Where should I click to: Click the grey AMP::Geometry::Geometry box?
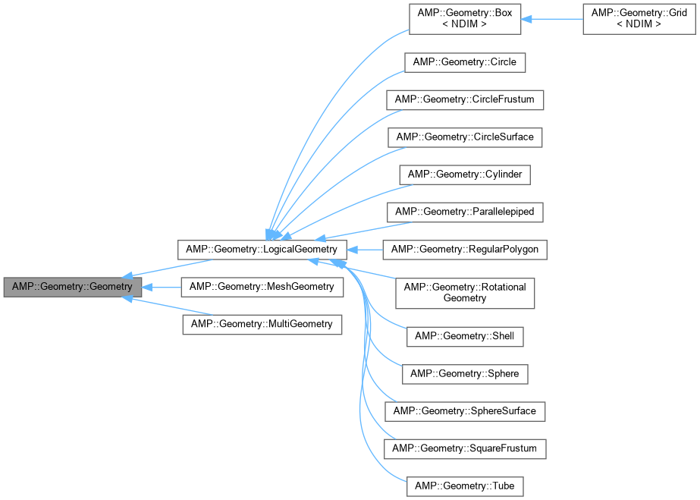(x=72, y=288)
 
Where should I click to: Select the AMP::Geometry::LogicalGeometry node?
(x=262, y=249)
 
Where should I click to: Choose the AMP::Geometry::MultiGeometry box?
(x=262, y=324)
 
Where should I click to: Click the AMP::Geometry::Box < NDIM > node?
(x=465, y=19)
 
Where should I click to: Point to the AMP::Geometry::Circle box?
(x=465, y=61)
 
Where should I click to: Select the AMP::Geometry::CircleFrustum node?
(x=465, y=99)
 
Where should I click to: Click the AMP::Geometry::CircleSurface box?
(x=465, y=137)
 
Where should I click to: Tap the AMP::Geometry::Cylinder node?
(x=465, y=175)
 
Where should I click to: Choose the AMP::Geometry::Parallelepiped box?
(x=465, y=212)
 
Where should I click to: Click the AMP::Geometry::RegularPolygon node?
(x=465, y=249)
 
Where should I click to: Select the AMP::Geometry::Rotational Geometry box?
(x=465, y=292)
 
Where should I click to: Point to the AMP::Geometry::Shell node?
(x=465, y=335)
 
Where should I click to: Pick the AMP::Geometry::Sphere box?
(x=465, y=373)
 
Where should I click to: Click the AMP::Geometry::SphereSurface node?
(x=465, y=410)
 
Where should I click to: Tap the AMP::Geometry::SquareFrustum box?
(x=465, y=448)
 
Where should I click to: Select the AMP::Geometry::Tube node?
(x=465, y=484)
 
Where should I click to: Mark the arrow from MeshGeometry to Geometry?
(x=162, y=288)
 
